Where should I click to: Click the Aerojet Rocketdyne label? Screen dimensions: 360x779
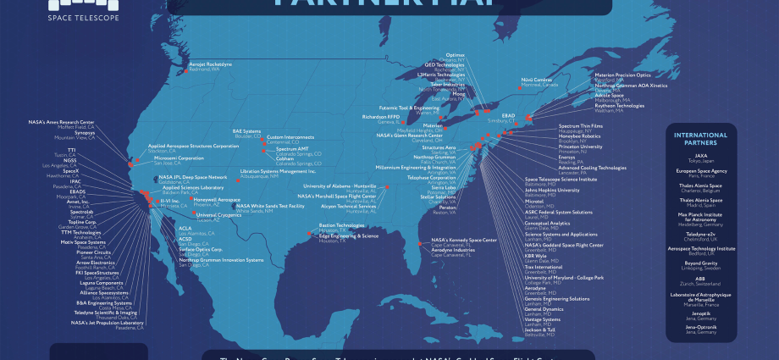[209, 64]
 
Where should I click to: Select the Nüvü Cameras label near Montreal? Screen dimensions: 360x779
[536, 80]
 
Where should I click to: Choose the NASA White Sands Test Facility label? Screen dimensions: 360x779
[269, 206]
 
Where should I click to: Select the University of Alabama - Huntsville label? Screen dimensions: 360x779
[339, 186]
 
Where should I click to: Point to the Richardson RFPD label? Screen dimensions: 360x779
[380, 117]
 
